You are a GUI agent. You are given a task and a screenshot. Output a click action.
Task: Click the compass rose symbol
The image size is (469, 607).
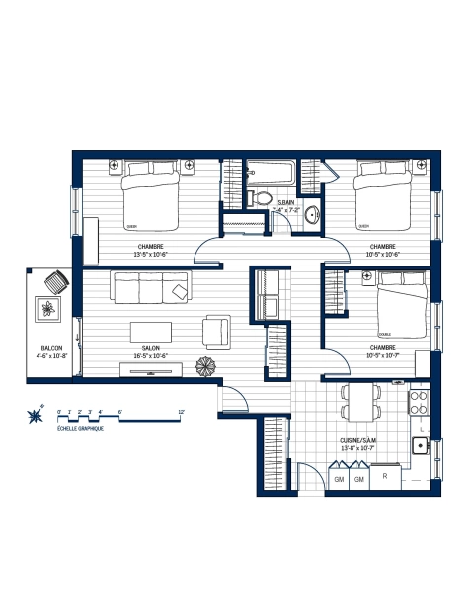(38, 416)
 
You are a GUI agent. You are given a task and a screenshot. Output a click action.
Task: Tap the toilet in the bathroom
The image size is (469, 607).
(262, 198)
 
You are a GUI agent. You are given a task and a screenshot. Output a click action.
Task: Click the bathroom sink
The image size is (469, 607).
(312, 214)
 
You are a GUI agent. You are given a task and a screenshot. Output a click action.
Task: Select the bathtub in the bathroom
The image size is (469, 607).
(270, 172)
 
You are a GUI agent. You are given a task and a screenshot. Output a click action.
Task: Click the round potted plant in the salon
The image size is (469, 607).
(206, 365)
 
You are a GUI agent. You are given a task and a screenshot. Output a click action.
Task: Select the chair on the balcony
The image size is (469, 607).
(55, 282)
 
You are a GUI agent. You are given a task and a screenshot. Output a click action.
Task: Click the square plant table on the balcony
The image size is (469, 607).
(47, 308)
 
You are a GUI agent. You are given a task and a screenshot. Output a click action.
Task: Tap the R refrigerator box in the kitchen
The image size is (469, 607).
(386, 478)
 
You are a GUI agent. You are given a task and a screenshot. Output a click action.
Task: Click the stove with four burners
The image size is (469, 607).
(419, 402)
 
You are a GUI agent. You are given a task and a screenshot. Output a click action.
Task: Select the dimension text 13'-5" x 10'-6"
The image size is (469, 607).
(151, 254)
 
